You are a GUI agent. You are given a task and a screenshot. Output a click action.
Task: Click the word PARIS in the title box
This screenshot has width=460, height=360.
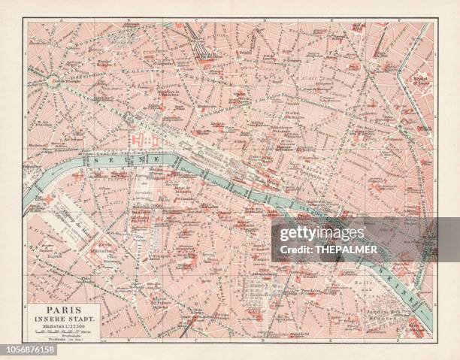[62, 308]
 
